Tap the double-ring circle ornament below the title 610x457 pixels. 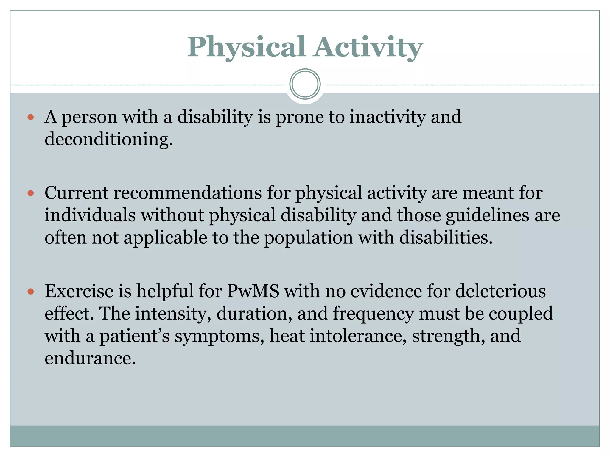pos(305,84)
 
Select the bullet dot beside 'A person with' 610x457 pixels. pos(30,117)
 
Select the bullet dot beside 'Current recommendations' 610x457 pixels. pos(30,193)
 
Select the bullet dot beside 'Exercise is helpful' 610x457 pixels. pos(30,292)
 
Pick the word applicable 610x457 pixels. pos(165,238)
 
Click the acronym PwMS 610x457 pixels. pos(253,291)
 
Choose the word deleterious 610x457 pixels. pos(500,291)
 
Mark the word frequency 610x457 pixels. pos(373,313)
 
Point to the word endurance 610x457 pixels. pos(90,358)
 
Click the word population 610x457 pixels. pos(308,238)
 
